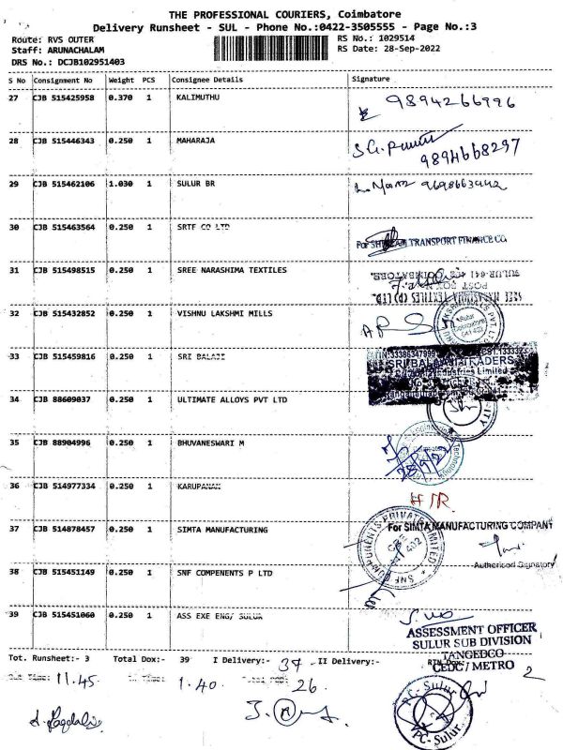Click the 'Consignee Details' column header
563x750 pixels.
pos(207,80)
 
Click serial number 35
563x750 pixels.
pos(14,442)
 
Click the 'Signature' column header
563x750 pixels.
pos(370,80)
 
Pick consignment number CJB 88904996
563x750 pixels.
pos(64,442)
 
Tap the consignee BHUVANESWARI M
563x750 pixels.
pos(209,442)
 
